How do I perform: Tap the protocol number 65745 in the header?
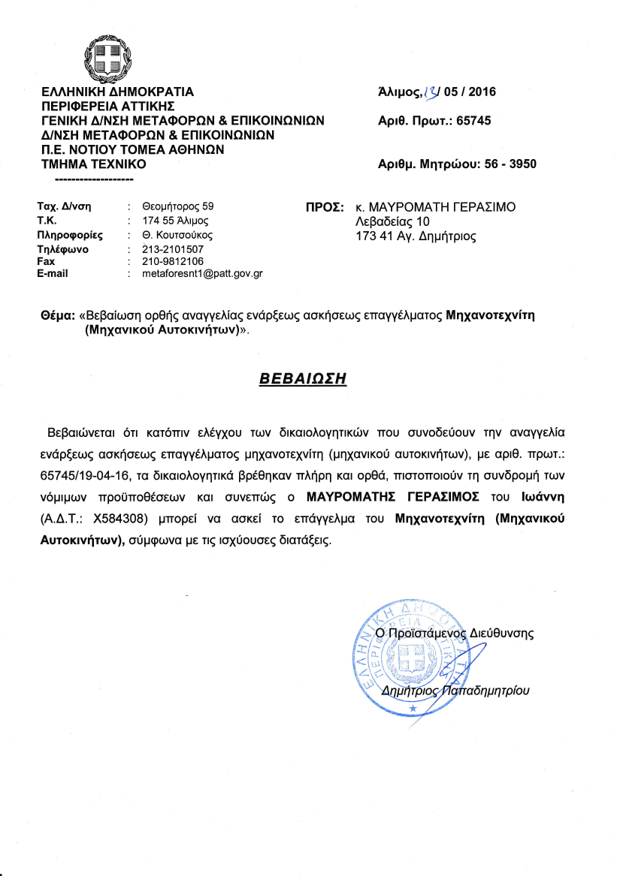pos(473,120)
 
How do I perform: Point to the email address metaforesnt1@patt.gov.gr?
pos(202,274)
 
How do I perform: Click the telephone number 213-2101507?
pos(172,248)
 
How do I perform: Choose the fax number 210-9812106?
pos(172,260)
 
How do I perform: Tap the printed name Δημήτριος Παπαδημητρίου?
pos(455,691)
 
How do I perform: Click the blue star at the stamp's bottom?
pos(412,708)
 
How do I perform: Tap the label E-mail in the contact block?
pos(53,273)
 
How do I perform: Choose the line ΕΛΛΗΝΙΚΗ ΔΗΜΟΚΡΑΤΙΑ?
pos(118,92)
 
